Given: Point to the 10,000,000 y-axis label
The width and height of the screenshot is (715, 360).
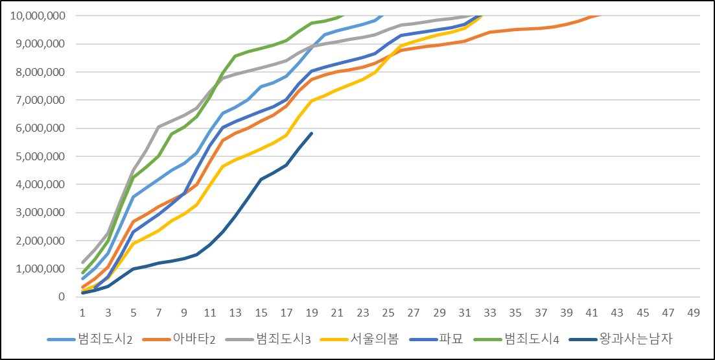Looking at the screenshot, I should pos(37,16).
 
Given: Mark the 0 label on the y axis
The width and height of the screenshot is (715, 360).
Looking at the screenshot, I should pos(61,297).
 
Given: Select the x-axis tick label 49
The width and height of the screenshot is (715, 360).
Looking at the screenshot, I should pos(693,313).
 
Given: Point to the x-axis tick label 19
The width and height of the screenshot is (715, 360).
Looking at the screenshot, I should pos(312,313).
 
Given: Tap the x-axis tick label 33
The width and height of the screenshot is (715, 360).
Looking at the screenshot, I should pos(489,313).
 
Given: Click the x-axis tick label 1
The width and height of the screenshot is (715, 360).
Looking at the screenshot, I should pos(83,313).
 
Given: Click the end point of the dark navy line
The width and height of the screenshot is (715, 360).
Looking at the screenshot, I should pos(312,133).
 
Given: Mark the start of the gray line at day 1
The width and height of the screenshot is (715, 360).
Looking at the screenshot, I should pos(83,262).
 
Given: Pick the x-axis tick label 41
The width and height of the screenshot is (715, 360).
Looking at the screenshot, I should pos(591,313).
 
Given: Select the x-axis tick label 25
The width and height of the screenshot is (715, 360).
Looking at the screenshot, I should pos(388,313).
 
